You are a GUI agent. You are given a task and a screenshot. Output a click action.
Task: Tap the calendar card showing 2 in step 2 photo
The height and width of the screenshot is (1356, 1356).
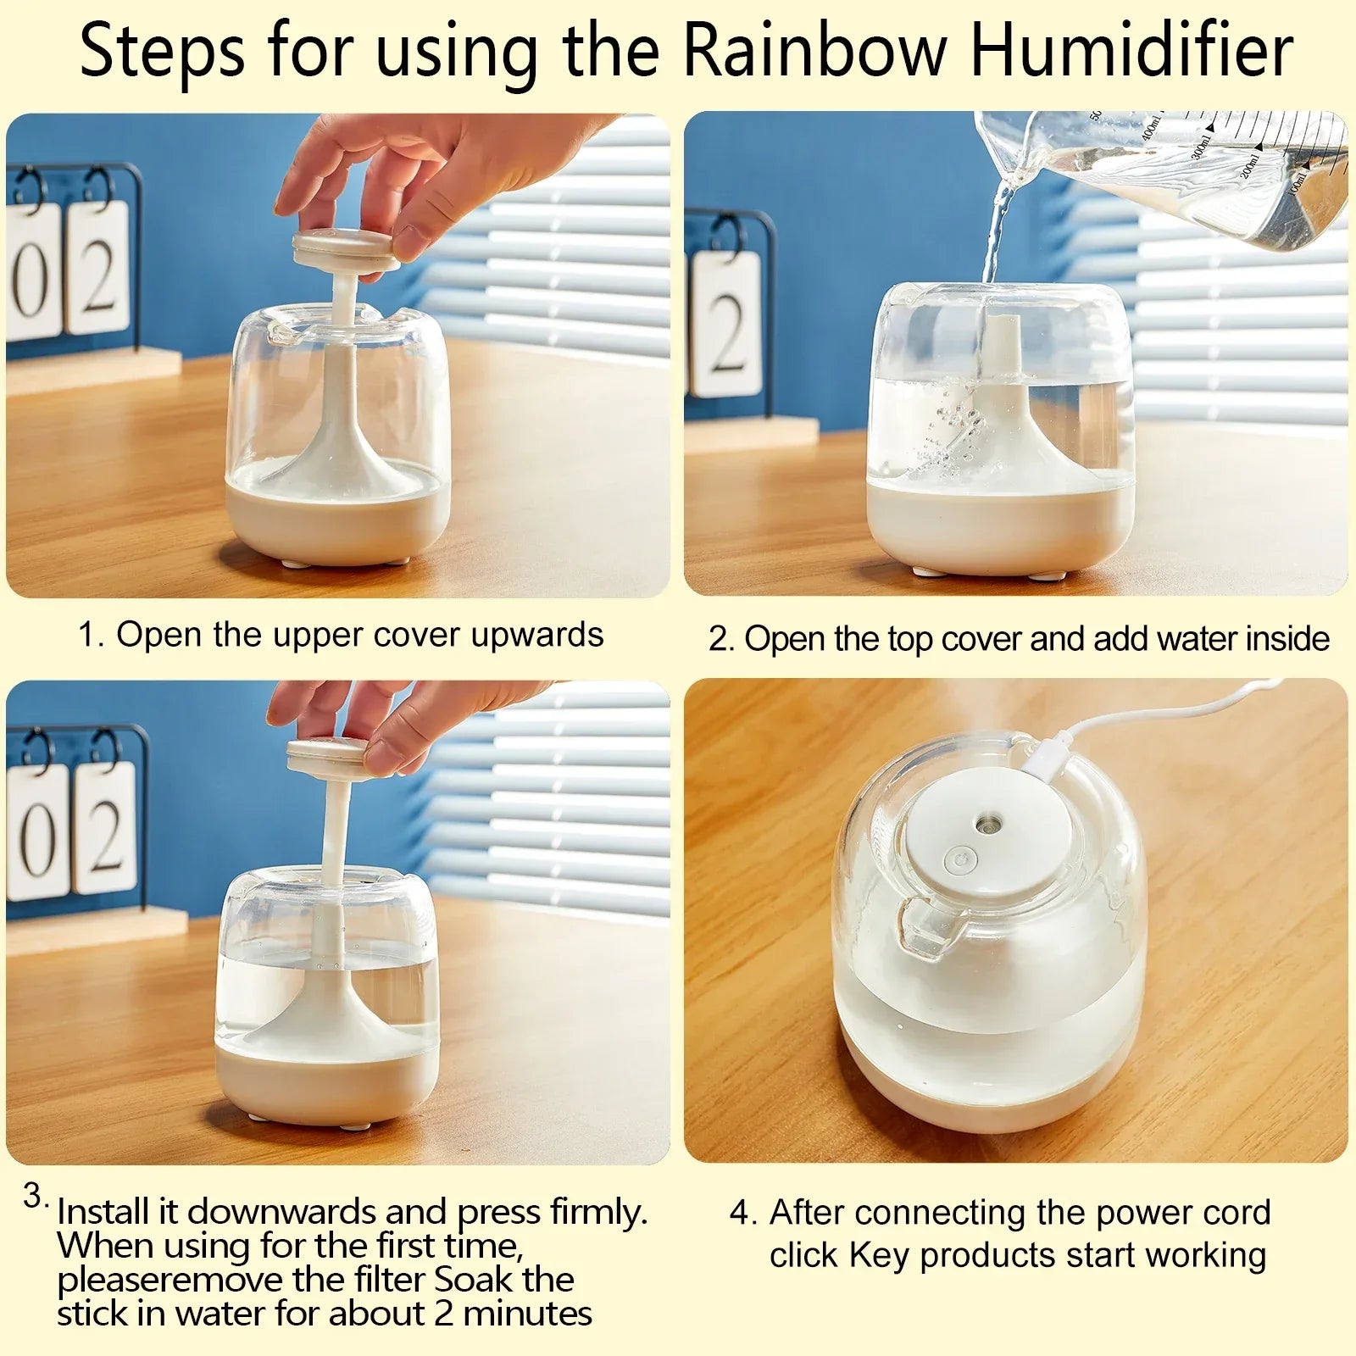click(x=726, y=325)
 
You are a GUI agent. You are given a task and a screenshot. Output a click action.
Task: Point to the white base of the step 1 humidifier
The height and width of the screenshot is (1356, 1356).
click(x=338, y=521)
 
